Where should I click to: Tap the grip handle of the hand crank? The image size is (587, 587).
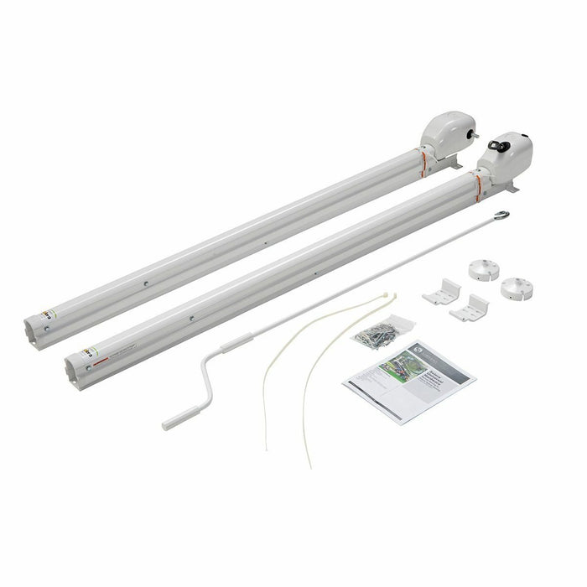[181, 418]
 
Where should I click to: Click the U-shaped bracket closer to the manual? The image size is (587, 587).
[469, 308]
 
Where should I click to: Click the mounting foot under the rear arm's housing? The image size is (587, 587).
[454, 164]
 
